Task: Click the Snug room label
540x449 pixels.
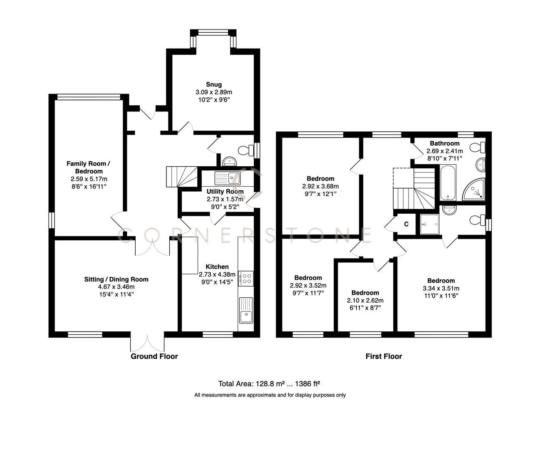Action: click(x=214, y=84)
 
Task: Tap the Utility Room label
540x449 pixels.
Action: click(x=225, y=192)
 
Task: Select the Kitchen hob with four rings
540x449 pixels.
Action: click(x=246, y=278)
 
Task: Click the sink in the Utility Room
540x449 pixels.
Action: click(x=225, y=178)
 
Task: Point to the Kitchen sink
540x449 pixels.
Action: click(x=246, y=311)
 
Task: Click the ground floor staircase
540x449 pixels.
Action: click(x=182, y=177)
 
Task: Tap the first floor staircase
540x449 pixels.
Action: click(x=414, y=190)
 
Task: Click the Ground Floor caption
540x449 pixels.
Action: click(x=154, y=356)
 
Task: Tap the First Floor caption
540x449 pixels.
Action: click(x=384, y=356)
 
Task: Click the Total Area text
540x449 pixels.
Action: click(x=269, y=384)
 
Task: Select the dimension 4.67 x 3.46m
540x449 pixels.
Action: click(x=116, y=287)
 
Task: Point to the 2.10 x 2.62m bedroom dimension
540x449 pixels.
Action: click(x=365, y=300)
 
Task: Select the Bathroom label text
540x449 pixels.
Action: click(x=445, y=143)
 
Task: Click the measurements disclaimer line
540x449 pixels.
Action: click(x=270, y=395)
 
